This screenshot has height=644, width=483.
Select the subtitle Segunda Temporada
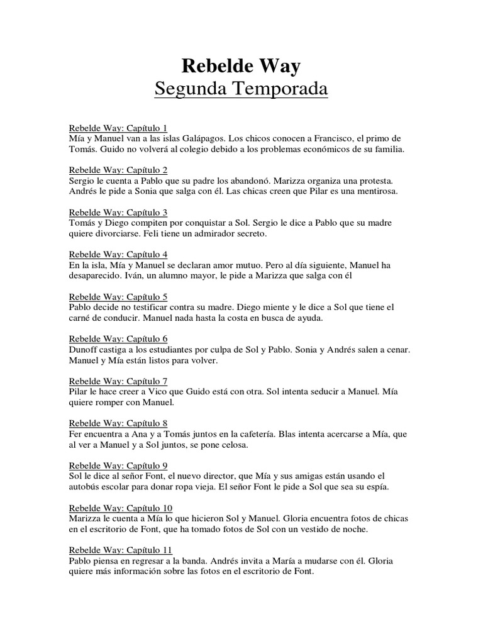[x=241, y=89]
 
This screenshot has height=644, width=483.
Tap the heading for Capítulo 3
[x=118, y=213]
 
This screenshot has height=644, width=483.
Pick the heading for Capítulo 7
[x=118, y=381]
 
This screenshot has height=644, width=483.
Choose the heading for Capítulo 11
[x=120, y=550]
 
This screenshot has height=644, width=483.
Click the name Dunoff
[x=84, y=349]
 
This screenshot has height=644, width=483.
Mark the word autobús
[x=86, y=486]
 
